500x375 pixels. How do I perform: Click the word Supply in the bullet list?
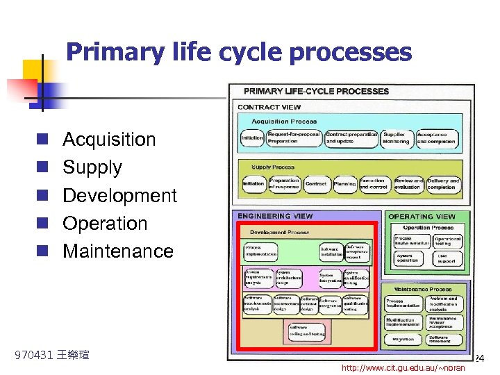point(92,167)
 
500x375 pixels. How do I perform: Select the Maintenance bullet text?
point(118,251)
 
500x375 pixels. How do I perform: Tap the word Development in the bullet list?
point(119,195)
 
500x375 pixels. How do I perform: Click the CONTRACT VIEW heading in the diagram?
point(269,107)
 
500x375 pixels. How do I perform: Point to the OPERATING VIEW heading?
point(422,217)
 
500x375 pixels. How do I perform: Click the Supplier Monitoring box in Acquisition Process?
point(396,137)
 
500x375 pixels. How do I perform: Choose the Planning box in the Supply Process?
point(344,184)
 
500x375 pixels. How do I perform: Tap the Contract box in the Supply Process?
point(316,184)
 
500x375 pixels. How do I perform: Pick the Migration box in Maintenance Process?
point(403,340)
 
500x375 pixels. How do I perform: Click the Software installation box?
point(331,251)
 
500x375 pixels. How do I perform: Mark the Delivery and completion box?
point(443,183)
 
